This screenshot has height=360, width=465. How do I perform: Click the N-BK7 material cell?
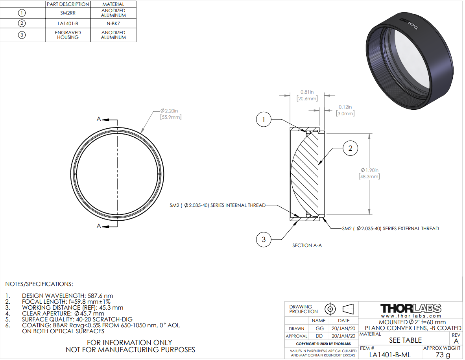tap(113, 23)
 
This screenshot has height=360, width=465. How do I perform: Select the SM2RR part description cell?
tap(68, 13)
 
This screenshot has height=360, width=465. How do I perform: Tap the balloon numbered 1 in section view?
tap(264, 120)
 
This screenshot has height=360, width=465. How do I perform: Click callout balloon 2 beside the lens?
tap(350, 148)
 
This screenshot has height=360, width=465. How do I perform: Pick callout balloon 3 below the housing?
tap(264, 239)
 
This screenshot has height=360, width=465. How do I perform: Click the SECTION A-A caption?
tap(307, 246)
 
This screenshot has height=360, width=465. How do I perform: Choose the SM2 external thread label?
tap(390, 229)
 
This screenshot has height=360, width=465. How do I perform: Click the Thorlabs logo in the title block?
tap(411, 308)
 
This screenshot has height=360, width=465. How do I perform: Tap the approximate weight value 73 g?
tap(443, 355)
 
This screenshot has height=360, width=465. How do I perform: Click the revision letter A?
tap(456, 341)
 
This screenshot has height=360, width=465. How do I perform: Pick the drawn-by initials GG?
tap(318, 328)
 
